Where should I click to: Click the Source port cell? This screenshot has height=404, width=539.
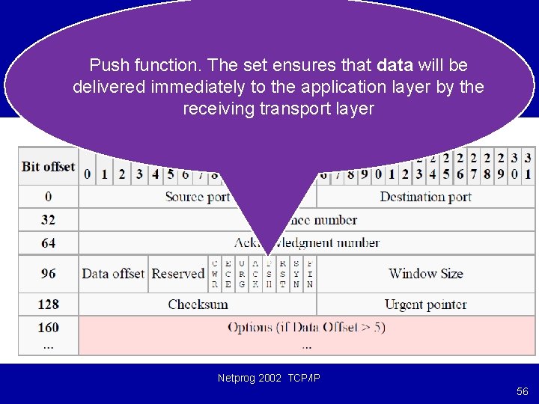198,197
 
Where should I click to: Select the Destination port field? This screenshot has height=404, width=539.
425,197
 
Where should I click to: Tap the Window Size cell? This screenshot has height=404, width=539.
425,274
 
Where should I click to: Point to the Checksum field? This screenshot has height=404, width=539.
198,304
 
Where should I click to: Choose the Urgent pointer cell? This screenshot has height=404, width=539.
425,304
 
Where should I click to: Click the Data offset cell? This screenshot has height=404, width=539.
113,274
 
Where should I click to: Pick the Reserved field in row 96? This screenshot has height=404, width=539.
178,274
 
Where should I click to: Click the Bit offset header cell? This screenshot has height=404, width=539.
49,166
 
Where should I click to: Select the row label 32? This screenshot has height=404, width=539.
49,220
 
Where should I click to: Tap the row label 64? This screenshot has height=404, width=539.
49,243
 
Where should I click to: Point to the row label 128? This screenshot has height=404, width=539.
49,304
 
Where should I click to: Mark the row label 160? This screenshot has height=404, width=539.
49,328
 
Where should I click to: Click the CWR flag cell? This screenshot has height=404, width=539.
216,274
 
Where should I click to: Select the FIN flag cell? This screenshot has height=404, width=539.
310,274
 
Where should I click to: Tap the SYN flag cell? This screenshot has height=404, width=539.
296,274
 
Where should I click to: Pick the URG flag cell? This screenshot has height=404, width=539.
242,274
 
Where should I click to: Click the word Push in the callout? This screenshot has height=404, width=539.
107,66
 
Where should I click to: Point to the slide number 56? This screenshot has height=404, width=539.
522,392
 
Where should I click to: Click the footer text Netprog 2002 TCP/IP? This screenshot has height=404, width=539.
269,379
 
